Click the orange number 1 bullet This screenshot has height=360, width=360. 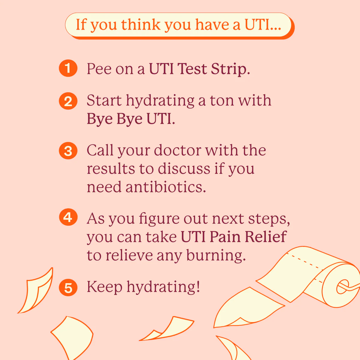coord(68,68)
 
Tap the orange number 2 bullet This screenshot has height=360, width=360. coord(68,101)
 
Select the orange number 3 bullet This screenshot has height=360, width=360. coord(68,151)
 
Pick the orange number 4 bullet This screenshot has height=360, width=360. coord(68,217)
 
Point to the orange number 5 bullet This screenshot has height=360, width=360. coord(68,287)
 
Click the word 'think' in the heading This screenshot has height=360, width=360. coord(141,25)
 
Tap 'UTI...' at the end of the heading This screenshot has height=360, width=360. coord(263,25)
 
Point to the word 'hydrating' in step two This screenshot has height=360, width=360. coord(160,101)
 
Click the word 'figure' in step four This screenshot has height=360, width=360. coord(159,219)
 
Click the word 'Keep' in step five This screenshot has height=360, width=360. coord(105,287)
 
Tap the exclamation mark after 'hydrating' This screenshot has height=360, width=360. coord(198,286)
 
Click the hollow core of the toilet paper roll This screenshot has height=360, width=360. coord(342,287)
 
